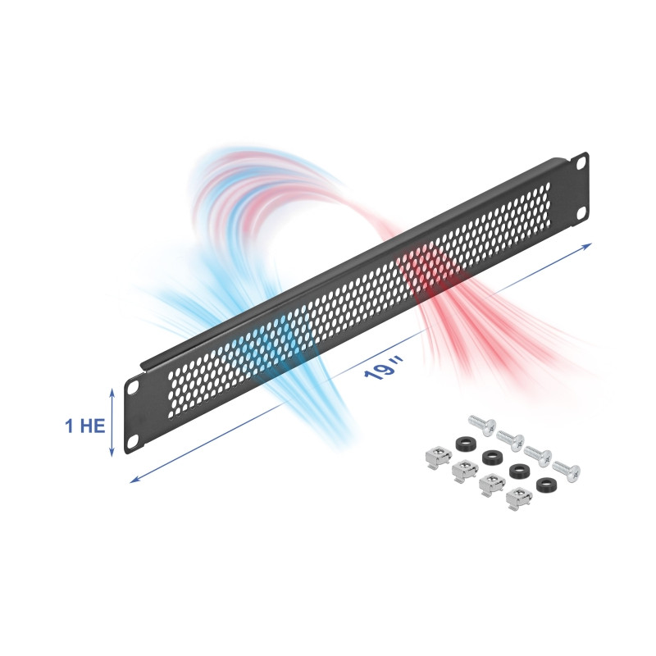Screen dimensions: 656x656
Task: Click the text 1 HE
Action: (x=84, y=426)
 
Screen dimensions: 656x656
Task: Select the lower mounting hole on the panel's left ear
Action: (x=134, y=441)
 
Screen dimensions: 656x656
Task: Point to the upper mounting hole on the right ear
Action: (x=581, y=162)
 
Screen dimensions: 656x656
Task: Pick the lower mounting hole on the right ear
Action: (x=581, y=213)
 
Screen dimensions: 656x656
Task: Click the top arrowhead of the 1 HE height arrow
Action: (x=112, y=391)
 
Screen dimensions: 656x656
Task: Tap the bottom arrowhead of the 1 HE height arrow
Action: (x=112, y=453)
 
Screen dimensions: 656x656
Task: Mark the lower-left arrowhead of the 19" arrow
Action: (x=133, y=481)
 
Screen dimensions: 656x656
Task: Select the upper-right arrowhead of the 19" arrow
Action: (x=588, y=245)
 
